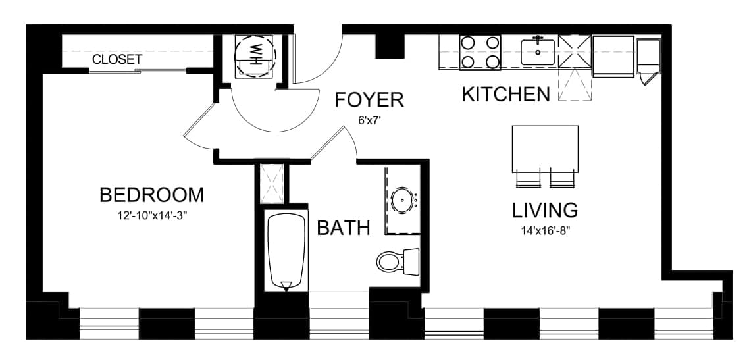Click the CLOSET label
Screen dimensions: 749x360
tap(117, 60)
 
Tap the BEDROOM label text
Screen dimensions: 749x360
tap(151, 195)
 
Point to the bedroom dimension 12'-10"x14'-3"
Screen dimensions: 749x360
tap(151, 215)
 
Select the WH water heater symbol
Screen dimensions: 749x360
tap(255, 55)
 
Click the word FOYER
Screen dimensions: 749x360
tap(369, 100)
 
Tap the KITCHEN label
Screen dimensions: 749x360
tap(506, 94)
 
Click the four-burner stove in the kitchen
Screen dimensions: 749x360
tap(480, 53)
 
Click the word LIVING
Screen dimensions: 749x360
tap(545, 210)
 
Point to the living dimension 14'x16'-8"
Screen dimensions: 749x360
tap(546, 231)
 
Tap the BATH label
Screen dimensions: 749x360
tap(344, 228)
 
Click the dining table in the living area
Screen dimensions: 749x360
tap(545, 149)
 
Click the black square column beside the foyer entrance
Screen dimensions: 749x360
tap(390, 46)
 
